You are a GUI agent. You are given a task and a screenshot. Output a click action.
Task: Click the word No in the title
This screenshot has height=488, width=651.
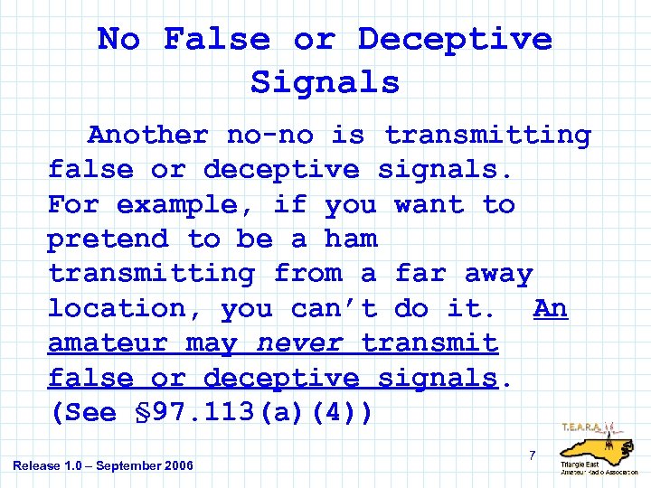[x=119, y=39]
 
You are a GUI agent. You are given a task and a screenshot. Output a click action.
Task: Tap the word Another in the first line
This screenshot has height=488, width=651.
[x=147, y=136]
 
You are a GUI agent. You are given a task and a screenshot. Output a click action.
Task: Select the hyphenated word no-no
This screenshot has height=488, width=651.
[x=269, y=136]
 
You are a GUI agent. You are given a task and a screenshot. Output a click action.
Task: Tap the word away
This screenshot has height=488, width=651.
[x=498, y=274]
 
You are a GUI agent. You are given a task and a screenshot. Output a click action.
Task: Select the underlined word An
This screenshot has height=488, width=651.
[x=551, y=308]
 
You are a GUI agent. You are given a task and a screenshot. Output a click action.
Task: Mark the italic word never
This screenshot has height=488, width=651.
[x=299, y=343]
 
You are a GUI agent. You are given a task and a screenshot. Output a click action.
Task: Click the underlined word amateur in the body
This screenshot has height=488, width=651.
[x=108, y=343]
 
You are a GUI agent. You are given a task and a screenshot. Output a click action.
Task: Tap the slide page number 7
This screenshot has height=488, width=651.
[x=533, y=455]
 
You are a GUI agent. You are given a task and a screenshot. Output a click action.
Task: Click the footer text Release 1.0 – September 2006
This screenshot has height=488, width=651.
[x=103, y=465]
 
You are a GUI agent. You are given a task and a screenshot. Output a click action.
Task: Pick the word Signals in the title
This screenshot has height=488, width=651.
[x=325, y=82]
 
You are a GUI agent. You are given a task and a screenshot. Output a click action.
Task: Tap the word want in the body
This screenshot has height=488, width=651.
[x=429, y=205]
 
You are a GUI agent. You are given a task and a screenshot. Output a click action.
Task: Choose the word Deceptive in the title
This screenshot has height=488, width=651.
[x=454, y=39]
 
